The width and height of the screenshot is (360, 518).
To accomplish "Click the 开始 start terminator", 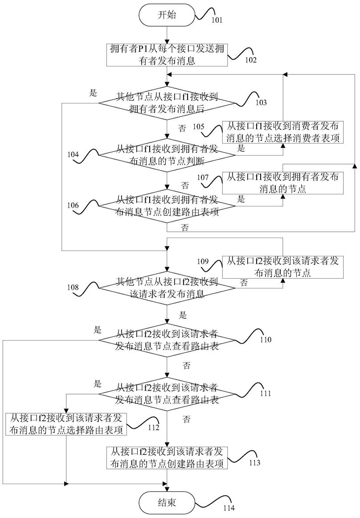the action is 167,15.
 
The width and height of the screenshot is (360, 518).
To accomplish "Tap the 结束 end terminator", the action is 167,503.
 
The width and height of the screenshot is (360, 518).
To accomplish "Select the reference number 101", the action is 217,20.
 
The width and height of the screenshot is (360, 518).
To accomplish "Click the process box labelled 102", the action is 167,55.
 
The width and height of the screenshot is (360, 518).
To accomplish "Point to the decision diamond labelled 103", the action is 167,103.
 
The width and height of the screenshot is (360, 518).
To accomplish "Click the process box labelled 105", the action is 283,132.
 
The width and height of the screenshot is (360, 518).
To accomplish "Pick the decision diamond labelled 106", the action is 167,206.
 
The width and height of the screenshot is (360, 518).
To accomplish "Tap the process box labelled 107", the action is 283,183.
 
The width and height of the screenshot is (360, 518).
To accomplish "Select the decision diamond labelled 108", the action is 167,288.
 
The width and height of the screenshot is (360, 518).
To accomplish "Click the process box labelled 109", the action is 283,267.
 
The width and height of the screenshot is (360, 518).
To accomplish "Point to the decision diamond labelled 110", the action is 167,340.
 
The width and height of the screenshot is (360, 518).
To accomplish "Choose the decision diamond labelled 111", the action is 167,394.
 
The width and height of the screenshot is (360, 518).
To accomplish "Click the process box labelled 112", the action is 66,424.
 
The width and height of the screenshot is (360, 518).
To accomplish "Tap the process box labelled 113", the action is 167,457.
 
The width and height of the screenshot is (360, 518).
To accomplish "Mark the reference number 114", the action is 229,508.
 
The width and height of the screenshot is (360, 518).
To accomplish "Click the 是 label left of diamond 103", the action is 94,93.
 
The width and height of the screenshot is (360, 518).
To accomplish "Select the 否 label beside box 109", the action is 244,283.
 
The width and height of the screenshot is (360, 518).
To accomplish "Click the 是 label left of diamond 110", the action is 98,330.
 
